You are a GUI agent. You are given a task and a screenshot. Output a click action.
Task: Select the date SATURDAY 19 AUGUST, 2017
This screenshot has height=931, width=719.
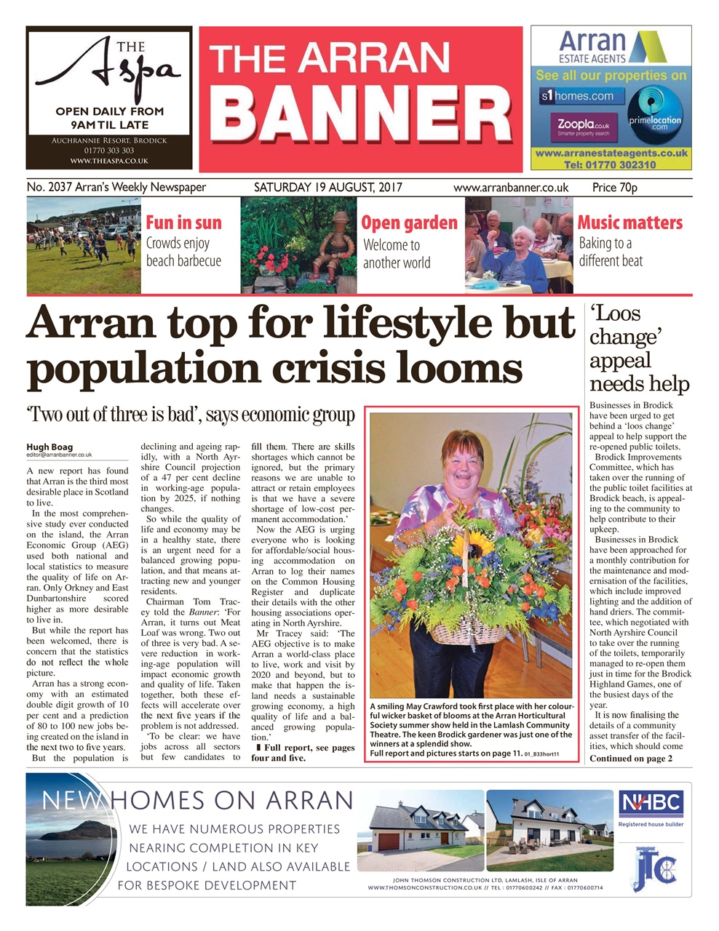click(325, 187)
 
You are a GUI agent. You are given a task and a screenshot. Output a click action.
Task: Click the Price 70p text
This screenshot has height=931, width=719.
click(614, 187)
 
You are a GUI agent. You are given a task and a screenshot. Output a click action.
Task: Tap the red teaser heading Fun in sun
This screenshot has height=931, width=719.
click(183, 223)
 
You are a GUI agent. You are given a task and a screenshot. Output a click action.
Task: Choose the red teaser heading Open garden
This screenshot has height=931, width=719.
click(409, 223)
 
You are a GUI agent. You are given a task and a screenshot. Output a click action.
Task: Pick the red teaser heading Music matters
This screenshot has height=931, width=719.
click(629, 223)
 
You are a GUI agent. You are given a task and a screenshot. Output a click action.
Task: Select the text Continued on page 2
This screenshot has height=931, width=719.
click(630, 759)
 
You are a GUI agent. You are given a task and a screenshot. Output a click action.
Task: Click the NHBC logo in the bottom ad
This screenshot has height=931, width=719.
click(651, 804)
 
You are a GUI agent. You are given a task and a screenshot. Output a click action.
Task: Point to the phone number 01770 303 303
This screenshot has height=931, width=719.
click(109, 151)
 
